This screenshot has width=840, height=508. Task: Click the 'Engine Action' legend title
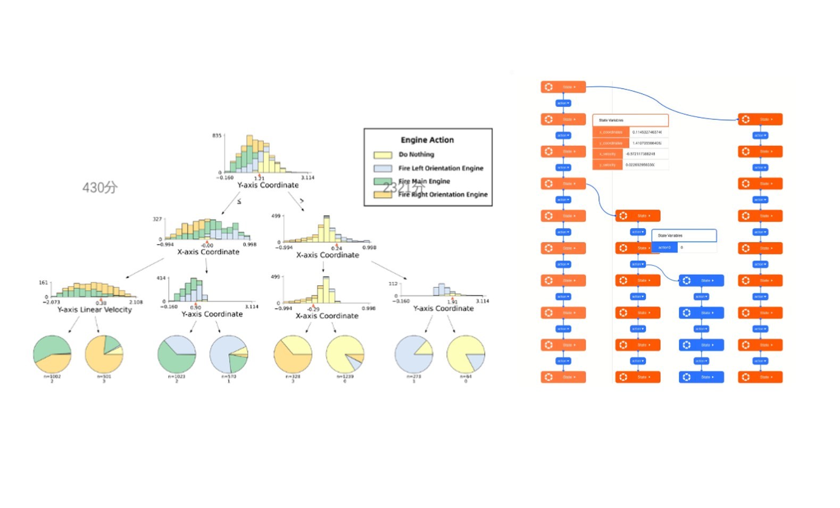coord(427,140)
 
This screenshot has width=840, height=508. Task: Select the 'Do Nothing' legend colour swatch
coord(382,155)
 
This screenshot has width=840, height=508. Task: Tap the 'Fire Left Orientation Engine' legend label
coord(440,168)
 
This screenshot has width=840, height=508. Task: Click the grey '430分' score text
coord(100,187)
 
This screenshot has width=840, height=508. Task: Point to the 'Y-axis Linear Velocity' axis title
coord(94,310)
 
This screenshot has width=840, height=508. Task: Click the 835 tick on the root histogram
coord(217,136)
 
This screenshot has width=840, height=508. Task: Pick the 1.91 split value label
coord(452,302)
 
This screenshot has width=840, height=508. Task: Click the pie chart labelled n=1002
coord(52,354)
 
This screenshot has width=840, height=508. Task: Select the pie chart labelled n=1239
coord(345,354)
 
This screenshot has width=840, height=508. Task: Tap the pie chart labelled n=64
coord(465,354)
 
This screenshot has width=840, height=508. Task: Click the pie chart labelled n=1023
coord(177,354)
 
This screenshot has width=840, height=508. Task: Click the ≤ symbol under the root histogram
coord(239,202)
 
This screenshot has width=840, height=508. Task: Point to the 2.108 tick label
coord(136,302)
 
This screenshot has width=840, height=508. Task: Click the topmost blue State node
coord(701,280)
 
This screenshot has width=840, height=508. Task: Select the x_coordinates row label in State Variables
coord(611,132)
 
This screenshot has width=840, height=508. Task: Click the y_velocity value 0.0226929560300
coord(640,165)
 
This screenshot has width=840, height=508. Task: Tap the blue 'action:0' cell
coord(664,248)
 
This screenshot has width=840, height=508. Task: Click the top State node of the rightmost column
coord(760,120)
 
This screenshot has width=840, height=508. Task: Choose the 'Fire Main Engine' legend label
coord(424,181)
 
